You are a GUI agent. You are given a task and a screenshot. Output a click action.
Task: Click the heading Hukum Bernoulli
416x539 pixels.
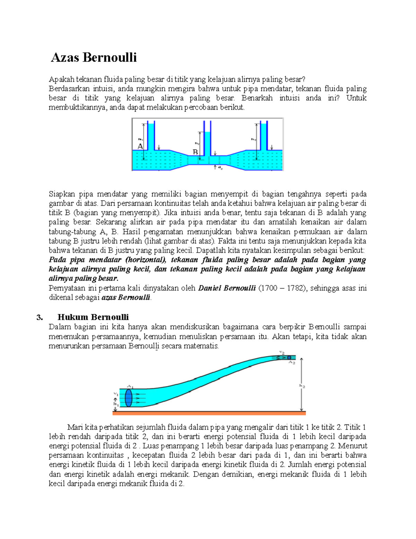(x=93, y=317)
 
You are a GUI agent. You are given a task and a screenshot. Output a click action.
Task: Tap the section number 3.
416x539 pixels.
(x=40, y=317)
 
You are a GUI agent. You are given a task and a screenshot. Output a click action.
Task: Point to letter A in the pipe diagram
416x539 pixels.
(x=140, y=146)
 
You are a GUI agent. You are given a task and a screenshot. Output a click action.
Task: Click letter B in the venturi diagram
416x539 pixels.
(x=195, y=152)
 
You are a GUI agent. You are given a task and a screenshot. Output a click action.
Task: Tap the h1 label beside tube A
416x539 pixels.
(x=140, y=140)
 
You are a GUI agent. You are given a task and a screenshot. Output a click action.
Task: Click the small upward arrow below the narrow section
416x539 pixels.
(x=215, y=167)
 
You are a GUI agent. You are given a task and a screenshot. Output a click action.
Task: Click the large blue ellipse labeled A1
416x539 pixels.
(x=129, y=398)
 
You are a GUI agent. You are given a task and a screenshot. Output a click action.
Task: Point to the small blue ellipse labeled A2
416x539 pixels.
(x=289, y=357)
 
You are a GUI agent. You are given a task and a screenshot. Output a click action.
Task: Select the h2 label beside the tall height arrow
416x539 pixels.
(x=302, y=386)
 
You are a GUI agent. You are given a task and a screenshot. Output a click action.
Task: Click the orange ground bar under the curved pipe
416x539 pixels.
(x=209, y=413)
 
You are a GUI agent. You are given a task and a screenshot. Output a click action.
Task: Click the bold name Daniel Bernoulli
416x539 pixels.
(x=227, y=288)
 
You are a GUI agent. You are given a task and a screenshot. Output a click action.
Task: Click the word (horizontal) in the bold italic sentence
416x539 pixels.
(x=146, y=260)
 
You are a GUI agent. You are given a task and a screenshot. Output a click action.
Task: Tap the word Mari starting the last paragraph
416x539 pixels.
(x=75, y=427)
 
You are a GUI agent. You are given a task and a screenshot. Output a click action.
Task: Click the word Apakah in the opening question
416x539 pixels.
(x=61, y=79)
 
